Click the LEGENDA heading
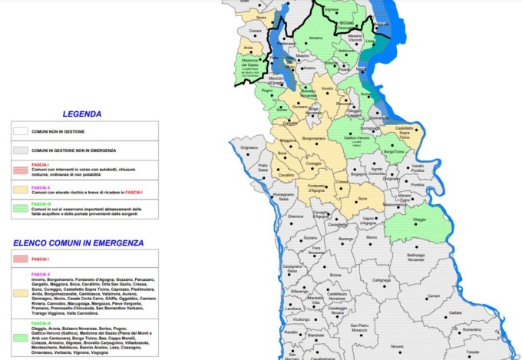[81, 114]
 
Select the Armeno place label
[316, 38]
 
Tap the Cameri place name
[434, 296]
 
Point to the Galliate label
[455, 313]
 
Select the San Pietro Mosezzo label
[364, 329]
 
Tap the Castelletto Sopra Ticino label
[404, 130]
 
